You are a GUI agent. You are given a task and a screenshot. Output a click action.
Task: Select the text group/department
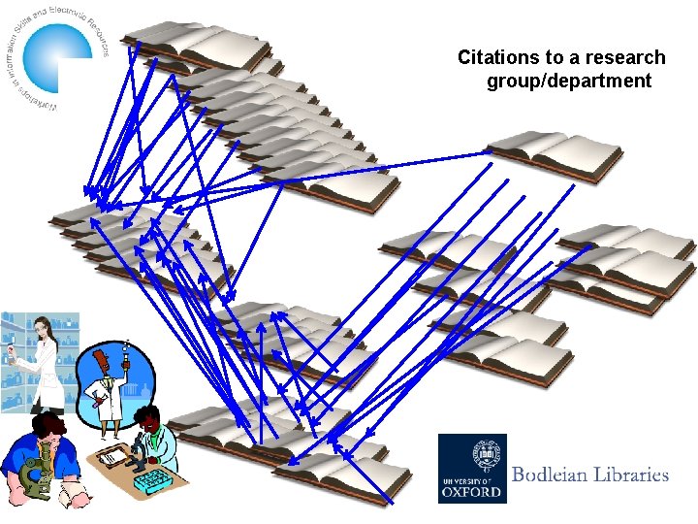[x=569, y=81]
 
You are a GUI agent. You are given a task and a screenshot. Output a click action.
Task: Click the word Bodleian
[x=555, y=475]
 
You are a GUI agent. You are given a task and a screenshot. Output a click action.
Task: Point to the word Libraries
[x=636, y=475]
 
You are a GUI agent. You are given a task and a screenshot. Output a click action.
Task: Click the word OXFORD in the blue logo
[x=472, y=490]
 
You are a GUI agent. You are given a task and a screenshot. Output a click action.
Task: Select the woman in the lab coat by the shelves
[x=39, y=359]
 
